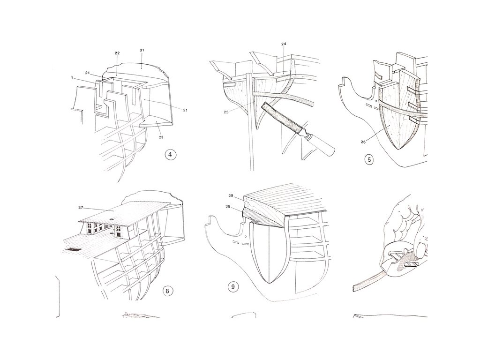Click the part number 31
(x=142, y=50)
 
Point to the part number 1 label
(x=72, y=77)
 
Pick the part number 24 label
(x=284, y=44)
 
